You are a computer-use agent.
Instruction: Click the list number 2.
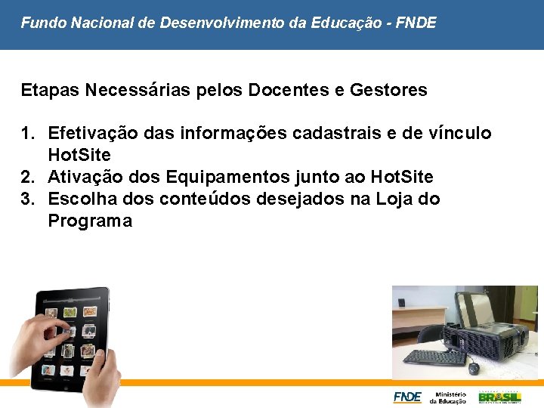coord(27,178)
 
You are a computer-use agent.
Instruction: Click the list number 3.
coord(27,199)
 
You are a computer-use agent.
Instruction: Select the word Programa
coord(90,221)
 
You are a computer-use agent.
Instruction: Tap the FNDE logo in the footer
coord(407,397)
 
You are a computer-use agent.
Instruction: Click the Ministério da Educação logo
coord(448,397)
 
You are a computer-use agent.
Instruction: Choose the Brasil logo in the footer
coord(499,397)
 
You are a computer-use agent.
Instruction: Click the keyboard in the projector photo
coord(434,357)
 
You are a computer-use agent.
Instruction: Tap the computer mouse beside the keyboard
coord(474,368)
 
